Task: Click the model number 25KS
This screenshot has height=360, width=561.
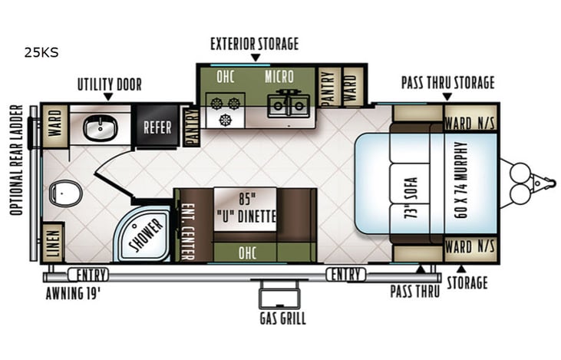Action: point(41,53)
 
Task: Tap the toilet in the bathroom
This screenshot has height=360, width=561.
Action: point(65,193)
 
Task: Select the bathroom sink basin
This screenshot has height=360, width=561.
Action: point(100,127)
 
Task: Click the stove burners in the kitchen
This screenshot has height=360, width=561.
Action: point(225,111)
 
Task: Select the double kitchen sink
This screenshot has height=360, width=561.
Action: point(288,103)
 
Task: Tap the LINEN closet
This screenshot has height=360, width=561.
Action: point(52,243)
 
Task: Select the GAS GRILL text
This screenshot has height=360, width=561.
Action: point(282,319)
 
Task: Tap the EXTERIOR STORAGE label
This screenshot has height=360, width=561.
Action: point(254,44)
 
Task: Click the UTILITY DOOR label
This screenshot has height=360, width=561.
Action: point(109,84)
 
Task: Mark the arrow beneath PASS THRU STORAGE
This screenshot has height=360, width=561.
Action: point(447,97)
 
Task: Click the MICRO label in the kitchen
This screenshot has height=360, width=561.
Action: point(279,77)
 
